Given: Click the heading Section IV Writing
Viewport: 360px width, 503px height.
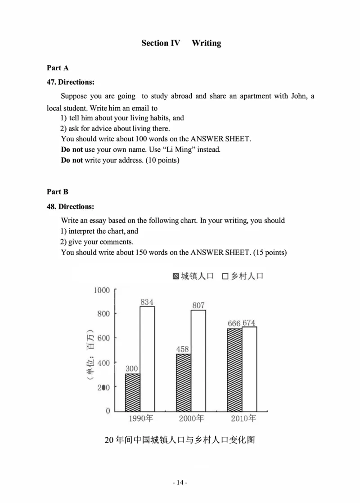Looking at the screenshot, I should click(x=181, y=43).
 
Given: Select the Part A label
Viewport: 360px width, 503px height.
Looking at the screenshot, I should click(x=58, y=68).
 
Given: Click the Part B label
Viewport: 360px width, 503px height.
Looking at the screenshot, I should click(x=58, y=192).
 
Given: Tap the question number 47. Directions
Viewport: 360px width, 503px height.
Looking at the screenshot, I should click(x=70, y=82).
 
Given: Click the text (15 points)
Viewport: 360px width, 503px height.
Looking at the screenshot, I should click(x=270, y=252).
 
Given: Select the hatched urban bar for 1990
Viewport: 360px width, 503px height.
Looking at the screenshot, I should click(x=132, y=392).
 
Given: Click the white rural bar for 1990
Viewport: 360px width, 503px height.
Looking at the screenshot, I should click(x=147, y=358).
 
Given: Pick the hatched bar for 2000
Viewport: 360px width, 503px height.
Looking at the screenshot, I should click(x=183, y=382).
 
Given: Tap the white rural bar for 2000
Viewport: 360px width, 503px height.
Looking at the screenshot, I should click(x=198, y=360).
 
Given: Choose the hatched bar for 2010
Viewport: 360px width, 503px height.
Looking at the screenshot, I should click(x=234, y=370).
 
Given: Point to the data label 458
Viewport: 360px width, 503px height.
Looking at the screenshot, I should click(x=183, y=349).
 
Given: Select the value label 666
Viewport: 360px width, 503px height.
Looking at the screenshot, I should click(x=234, y=323).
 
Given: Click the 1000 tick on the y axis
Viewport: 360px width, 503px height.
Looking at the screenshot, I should click(x=102, y=290).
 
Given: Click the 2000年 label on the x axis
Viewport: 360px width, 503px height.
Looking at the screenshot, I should click(x=191, y=419).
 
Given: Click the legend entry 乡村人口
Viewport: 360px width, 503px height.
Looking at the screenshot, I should click(x=243, y=276).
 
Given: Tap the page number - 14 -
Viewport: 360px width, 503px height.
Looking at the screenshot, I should click(x=180, y=483).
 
